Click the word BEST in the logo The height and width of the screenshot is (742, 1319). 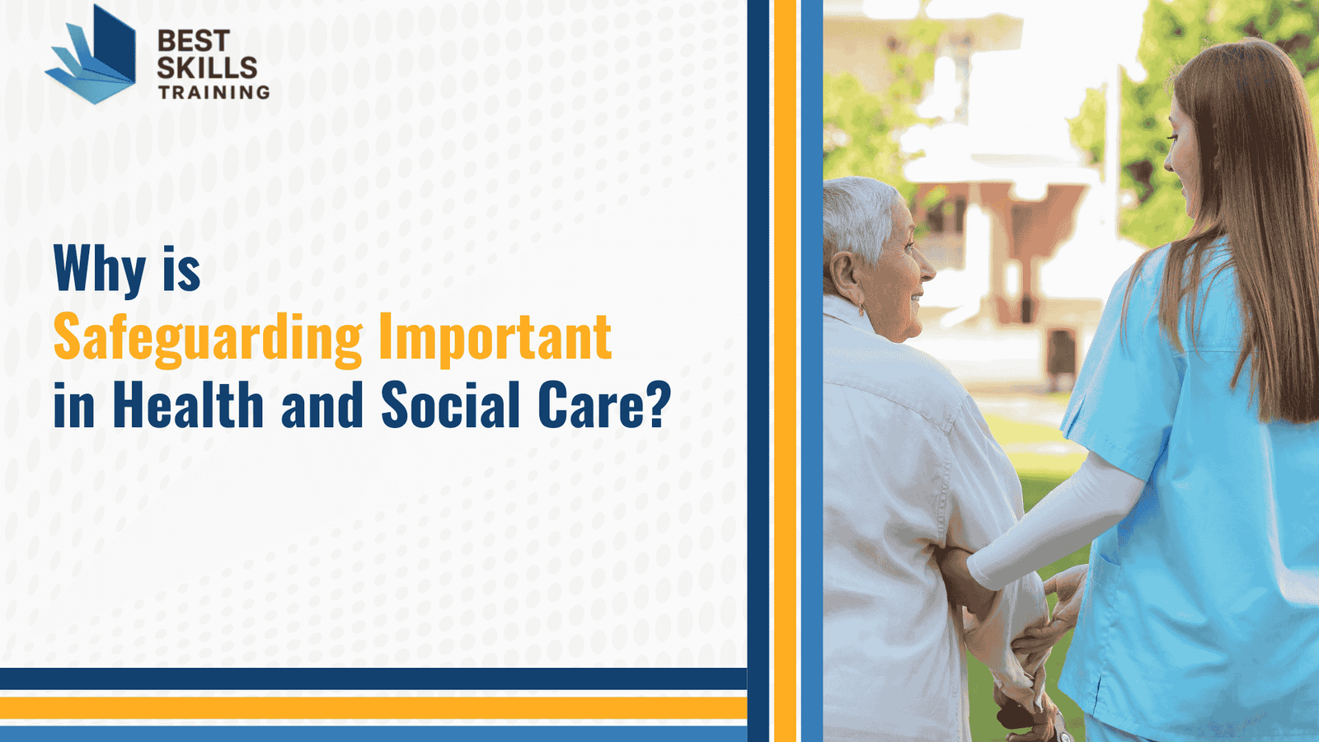click(x=193, y=41)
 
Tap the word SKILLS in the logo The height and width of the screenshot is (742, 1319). click(x=207, y=68)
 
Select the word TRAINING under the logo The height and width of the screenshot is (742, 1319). click(x=214, y=92)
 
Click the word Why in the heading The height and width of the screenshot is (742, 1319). click(x=100, y=269)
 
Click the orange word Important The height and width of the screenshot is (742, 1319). click(x=495, y=338)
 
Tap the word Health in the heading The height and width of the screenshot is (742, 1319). click(x=188, y=406)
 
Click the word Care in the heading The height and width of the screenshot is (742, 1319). click(x=589, y=406)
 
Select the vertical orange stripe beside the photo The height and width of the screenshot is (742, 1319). click(x=785, y=371)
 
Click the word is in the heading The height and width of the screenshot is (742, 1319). click(x=181, y=269)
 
